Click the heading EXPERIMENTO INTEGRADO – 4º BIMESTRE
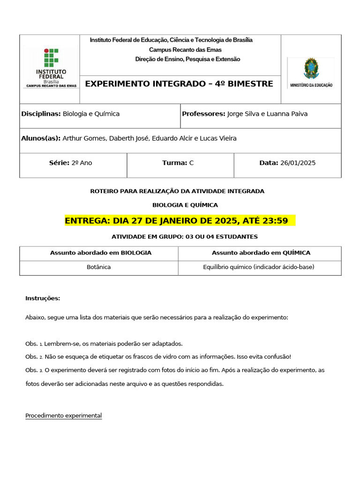(179, 84)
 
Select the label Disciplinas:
(41, 114)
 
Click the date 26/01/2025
(298, 163)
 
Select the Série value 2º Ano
(82, 163)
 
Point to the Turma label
(174, 163)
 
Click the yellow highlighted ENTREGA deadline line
(180, 221)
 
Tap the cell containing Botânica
(99, 267)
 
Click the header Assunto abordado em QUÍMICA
(261, 253)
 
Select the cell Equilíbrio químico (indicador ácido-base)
(259, 267)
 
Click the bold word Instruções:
(43, 298)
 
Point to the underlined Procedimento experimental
(63, 416)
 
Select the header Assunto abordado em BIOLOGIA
(101, 253)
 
